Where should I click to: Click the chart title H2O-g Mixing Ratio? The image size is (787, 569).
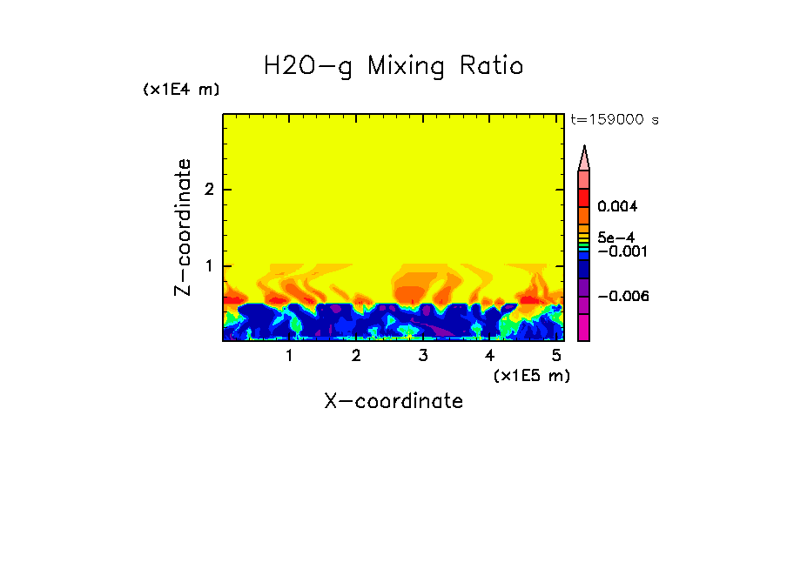pyautogui.click(x=393, y=65)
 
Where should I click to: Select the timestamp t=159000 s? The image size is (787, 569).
pyautogui.click(x=614, y=120)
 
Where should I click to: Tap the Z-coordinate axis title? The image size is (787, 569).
pyautogui.click(x=183, y=227)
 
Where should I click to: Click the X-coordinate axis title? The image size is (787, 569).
pyautogui.click(x=393, y=401)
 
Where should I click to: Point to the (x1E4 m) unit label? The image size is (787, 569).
pyautogui.click(x=181, y=90)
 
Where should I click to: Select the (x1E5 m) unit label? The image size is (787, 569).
pyautogui.click(x=531, y=376)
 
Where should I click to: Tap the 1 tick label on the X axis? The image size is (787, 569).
pyautogui.click(x=290, y=356)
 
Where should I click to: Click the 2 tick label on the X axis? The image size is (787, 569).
pyautogui.click(x=356, y=356)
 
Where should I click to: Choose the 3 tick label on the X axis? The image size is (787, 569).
pyautogui.click(x=422, y=356)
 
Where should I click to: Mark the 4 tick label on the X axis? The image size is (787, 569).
pyautogui.click(x=489, y=356)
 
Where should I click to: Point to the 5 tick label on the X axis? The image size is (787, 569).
pyautogui.click(x=555, y=356)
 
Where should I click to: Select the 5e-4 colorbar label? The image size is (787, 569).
pyautogui.click(x=615, y=238)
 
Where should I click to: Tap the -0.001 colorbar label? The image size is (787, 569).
pyautogui.click(x=619, y=251)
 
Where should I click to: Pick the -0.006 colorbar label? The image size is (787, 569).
pyautogui.click(x=619, y=296)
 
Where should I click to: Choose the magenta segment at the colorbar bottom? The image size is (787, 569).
pyautogui.click(x=584, y=328)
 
